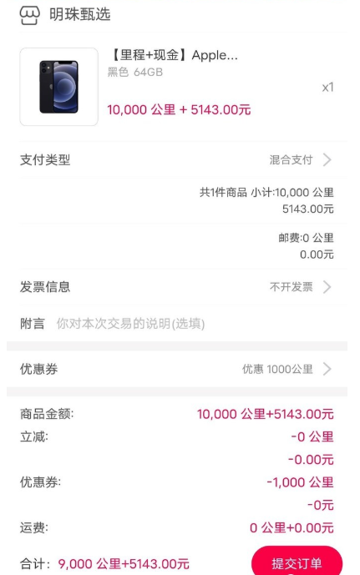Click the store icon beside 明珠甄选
pos(30,16)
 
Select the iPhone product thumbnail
pos(58,87)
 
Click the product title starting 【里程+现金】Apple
pos(174,55)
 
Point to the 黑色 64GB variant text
pos(135,73)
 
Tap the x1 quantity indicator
pos(327,88)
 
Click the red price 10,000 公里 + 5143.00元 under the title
pos(179,109)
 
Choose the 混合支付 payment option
pos(291,160)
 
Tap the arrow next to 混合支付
pos(327,160)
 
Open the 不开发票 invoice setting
pos(292,287)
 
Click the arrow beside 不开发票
pos(327,287)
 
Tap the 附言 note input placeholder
pos(130,324)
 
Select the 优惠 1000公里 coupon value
pos(277,369)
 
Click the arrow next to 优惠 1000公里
pos(327,369)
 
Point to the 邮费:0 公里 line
pos(306,238)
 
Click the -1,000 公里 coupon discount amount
pos(300,482)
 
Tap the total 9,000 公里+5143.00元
pos(124,563)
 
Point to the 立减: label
pos(34,436)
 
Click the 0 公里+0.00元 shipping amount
pos(292,527)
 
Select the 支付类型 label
pos(45,160)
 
